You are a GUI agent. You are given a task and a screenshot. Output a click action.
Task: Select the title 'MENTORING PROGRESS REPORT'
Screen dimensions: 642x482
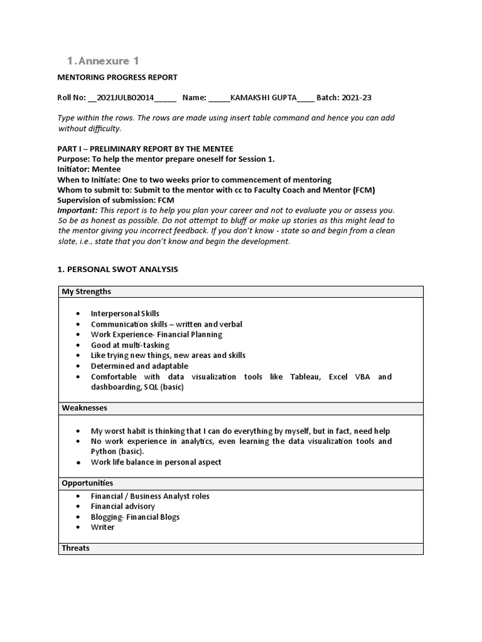coord(117,77)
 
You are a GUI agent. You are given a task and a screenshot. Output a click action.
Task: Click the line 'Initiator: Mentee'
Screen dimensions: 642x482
coord(89,169)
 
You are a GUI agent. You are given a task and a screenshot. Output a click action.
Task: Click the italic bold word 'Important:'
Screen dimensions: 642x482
coord(78,210)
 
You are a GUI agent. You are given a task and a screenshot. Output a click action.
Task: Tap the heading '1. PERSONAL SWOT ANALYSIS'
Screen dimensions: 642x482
coord(117,269)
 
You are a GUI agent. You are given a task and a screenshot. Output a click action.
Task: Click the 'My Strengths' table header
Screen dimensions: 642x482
coord(87,292)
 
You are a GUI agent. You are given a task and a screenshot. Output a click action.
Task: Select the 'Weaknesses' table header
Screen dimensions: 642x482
coord(85,408)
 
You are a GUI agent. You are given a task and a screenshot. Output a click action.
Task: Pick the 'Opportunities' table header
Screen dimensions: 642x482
coord(87,483)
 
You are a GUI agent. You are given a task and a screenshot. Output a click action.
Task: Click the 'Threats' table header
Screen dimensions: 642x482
coord(76,549)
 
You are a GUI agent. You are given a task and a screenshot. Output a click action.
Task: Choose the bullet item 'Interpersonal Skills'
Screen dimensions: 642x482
coord(125,313)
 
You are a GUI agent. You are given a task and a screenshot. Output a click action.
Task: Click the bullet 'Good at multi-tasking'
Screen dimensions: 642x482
coord(130,345)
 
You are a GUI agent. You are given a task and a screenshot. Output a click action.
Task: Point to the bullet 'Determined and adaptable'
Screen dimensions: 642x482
coord(139,366)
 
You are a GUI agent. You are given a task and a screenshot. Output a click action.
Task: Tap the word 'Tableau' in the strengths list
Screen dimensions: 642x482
coord(304,377)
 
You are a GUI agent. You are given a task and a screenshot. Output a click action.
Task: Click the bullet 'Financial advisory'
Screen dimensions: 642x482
coord(123,507)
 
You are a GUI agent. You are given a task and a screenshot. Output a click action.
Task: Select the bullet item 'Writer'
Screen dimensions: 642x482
coord(103,527)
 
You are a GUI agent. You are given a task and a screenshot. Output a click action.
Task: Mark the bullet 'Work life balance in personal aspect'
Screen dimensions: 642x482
coord(156,462)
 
